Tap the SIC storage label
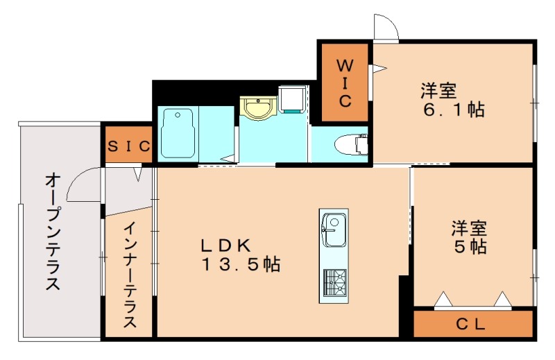(130, 146)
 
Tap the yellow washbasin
(259, 108)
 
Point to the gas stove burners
(334, 281)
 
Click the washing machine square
(292, 98)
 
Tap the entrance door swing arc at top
(386, 28)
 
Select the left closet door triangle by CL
(442, 300)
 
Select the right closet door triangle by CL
(502, 300)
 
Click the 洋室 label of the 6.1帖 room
(438, 91)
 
